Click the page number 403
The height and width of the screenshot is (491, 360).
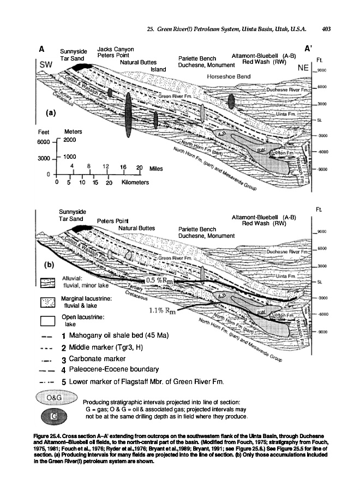pyautogui.click(x=327, y=29)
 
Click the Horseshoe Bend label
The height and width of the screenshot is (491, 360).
pyautogui.click(x=229, y=76)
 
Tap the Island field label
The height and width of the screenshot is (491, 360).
pyautogui.click(x=158, y=69)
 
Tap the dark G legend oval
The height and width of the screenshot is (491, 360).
pyautogui.click(x=55, y=416)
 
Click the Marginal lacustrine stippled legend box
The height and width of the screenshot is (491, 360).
pyautogui.click(x=49, y=301)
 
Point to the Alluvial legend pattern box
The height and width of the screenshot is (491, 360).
pyautogui.click(x=49, y=283)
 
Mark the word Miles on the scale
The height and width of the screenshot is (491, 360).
pyautogui.click(x=156, y=169)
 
